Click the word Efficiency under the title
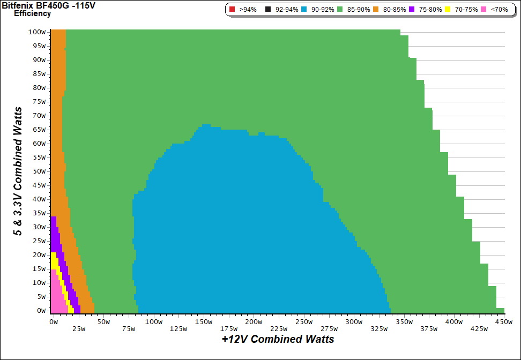(x=32, y=13)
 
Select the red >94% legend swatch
(x=232, y=10)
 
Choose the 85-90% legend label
(x=359, y=10)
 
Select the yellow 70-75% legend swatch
(x=448, y=10)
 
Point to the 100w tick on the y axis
(x=37, y=32)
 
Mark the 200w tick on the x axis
(x=254, y=321)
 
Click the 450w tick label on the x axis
(x=503, y=321)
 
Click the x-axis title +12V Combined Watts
(x=278, y=339)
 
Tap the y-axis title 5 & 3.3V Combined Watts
(x=18, y=171)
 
